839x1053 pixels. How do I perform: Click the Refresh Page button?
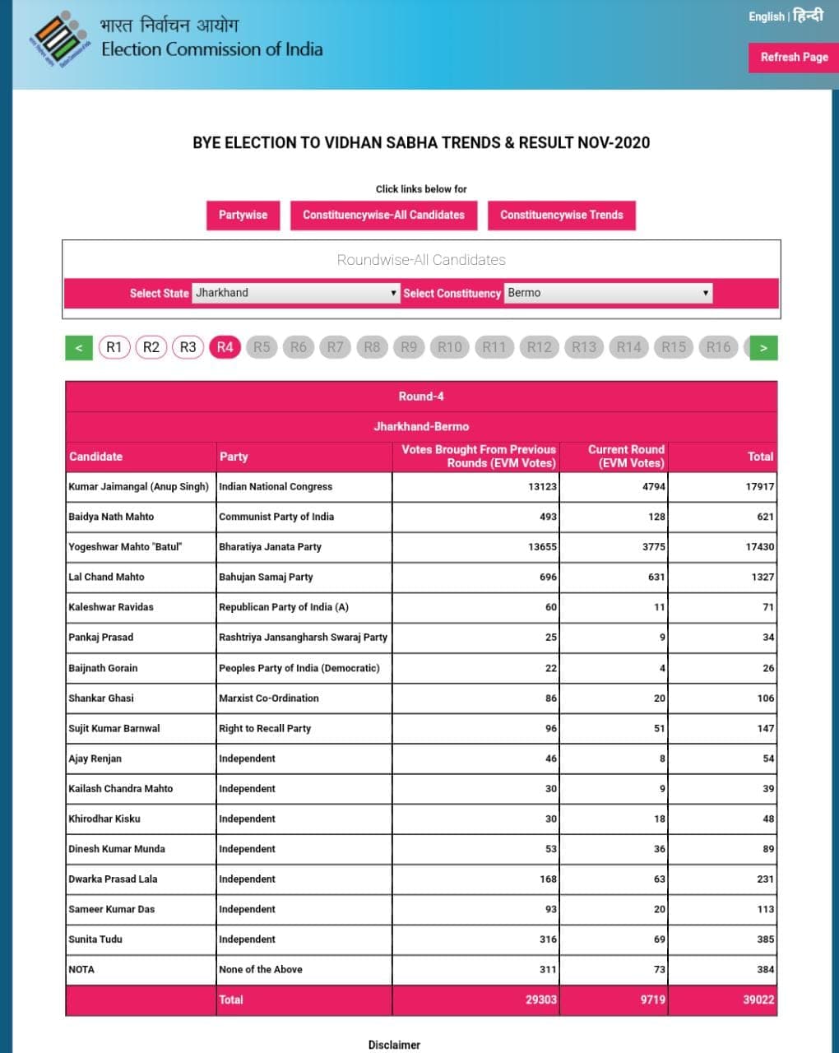793,58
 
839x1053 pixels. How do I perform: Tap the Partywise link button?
243,216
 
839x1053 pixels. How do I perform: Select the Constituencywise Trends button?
561,216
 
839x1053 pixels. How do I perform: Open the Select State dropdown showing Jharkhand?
295,293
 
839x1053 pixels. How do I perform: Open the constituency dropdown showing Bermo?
607,293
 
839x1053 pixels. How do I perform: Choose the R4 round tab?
225,347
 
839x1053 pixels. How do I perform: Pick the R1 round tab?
114,347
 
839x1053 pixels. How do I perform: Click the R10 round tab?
449,347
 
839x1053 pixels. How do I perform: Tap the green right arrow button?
763,348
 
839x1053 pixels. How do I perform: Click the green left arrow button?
79,348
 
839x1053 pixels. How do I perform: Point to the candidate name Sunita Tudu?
95,939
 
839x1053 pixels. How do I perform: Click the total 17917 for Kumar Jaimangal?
759,487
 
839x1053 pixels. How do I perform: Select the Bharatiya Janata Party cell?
270,547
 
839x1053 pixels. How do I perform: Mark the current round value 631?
656,578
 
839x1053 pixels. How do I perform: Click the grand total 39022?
758,1000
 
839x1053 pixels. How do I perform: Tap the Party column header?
234,457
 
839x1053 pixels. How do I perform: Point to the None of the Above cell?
260,970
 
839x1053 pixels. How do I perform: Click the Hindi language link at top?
807,16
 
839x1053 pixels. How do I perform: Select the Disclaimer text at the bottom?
394,1045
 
